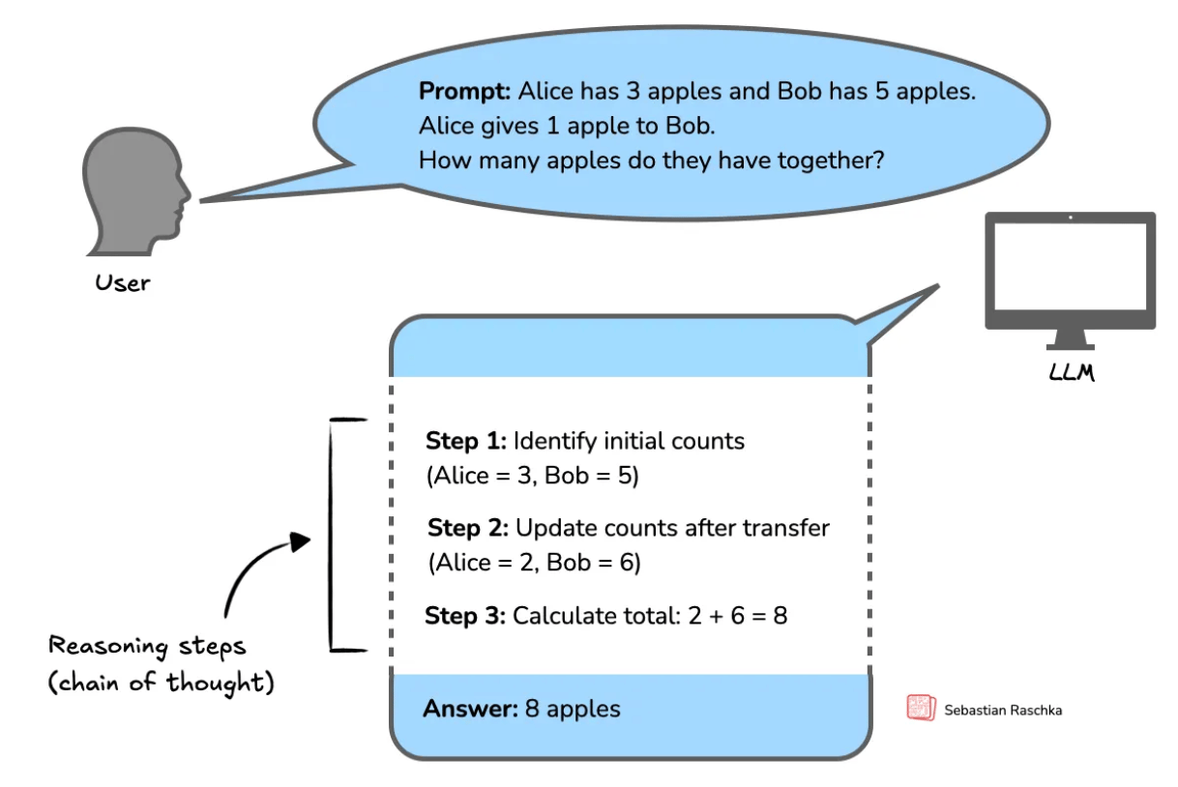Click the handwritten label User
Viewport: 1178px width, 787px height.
coord(123,283)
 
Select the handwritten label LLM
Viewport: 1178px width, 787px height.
coord(1071,373)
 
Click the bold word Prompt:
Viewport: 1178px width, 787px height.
coord(464,92)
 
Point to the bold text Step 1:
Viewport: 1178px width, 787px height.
coord(465,442)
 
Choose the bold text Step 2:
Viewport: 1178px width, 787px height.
coord(468,529)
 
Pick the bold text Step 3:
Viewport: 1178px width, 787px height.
coord(465,616)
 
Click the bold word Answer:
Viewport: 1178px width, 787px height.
coord(470,709)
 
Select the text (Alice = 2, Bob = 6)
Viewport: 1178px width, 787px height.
coord(534,563)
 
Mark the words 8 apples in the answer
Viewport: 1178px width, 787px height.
coord(573,709)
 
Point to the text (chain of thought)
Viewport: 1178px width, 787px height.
coord(162,683)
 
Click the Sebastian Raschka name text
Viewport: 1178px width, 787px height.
coord(1003,710)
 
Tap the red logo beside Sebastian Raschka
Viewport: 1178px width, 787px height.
coord(921,709)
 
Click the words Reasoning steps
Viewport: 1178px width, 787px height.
coord(148,646)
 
